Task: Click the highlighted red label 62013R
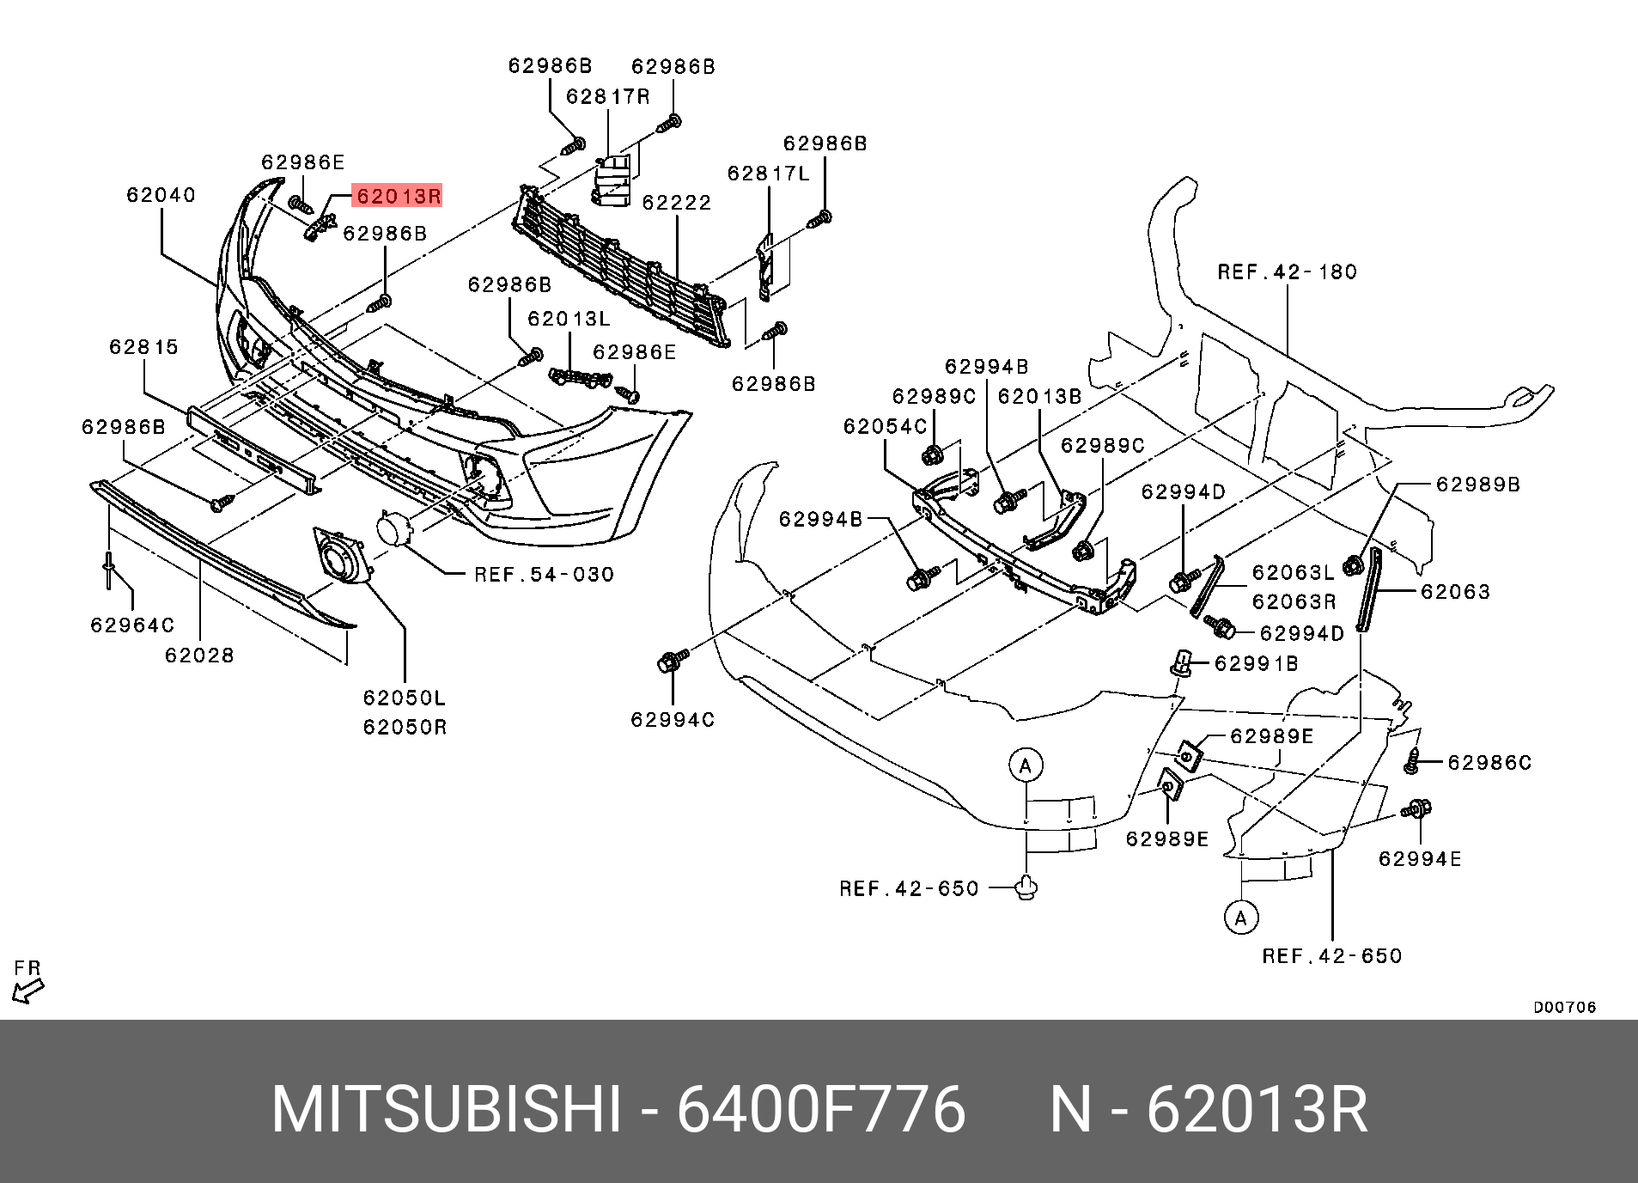[398, 197]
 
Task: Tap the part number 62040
[161, 195]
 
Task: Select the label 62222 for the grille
[677, 203]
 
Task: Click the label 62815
[143, 347]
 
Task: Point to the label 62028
[199, 656]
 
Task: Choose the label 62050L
[404, 698]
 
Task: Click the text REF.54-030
[544, 575]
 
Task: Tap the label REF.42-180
[1287, 272]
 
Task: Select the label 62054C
[885, 427]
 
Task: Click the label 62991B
[1256, 664]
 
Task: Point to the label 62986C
[1489, 763]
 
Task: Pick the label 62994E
[1419, 859]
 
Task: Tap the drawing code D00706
[1564, 1007]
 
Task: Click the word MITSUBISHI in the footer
[446, 1110]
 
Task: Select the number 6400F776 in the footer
[821, 1110]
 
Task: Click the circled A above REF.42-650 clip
[1025, 765]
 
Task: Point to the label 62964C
[132, 625]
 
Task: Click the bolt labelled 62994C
[672, 661]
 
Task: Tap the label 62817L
[768, 174]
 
